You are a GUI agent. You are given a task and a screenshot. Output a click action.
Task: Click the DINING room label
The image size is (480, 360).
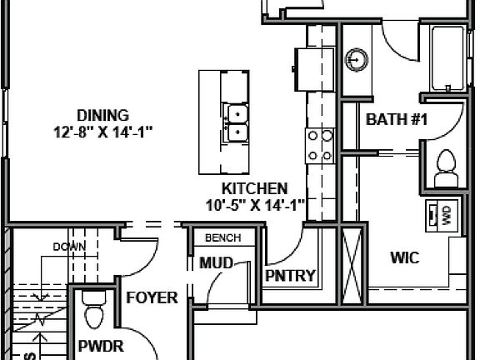[x=102, y=114]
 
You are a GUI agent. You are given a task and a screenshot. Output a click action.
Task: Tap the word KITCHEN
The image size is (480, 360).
[x=254, y=188]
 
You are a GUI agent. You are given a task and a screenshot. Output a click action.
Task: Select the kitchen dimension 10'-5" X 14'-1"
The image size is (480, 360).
[x=254, y=204]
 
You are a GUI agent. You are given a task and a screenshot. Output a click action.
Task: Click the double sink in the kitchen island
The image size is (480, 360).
[x=237, y=122]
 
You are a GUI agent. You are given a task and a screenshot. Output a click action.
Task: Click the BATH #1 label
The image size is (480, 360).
[x=396, y=120]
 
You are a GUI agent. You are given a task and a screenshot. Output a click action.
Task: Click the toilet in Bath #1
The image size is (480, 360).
[x=447, y=167]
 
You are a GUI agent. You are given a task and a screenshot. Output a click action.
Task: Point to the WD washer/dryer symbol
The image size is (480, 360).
[x=439, y=215]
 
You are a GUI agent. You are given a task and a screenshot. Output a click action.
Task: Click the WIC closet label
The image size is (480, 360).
[x=405, y=257]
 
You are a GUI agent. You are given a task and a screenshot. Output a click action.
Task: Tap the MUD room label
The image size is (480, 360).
[x=216, y=264]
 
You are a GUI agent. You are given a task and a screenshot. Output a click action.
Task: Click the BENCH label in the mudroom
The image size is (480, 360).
[x=222, y=237]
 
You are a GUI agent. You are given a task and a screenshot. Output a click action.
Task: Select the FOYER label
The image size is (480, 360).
[x=151, y=297]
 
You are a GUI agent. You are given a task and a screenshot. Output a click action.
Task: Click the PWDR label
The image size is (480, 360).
[x=96, y=345]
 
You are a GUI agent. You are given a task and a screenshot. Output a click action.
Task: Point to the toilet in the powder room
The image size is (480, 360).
[x=93, y=310]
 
